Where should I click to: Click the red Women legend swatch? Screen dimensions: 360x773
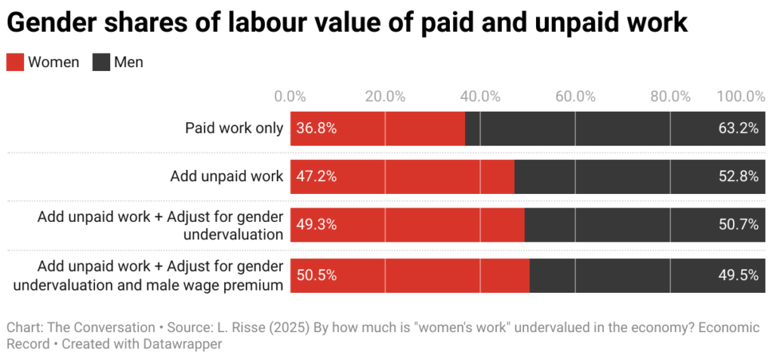click(15, 63)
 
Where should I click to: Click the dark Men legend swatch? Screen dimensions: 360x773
click(101, 63)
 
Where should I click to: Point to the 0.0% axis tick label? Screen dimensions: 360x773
click(290, 97)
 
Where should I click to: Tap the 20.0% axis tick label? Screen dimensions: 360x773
click(385, 97)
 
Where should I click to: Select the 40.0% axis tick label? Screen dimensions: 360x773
click(480, 97)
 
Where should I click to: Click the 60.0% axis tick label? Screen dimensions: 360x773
click(575, 97)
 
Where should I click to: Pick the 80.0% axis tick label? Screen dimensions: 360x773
click(670, 97)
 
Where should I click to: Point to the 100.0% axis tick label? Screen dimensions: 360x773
click(741, 97)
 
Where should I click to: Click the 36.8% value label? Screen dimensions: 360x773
click(316, 128)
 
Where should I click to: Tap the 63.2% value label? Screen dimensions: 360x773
click(738, 128)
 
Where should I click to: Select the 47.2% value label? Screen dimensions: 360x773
click(316, 177)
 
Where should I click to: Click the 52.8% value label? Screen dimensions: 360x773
click(738, 177)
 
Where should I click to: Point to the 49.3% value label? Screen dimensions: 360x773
click(316, 225)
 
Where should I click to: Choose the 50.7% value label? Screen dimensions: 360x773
click(738, 225)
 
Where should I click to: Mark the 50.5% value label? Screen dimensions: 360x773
click(316, 275)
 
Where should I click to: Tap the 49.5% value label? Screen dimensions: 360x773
click(738, 275)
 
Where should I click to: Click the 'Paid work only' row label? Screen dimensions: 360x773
click(234, 128)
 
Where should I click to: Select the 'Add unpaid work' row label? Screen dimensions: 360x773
click(226, 177)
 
